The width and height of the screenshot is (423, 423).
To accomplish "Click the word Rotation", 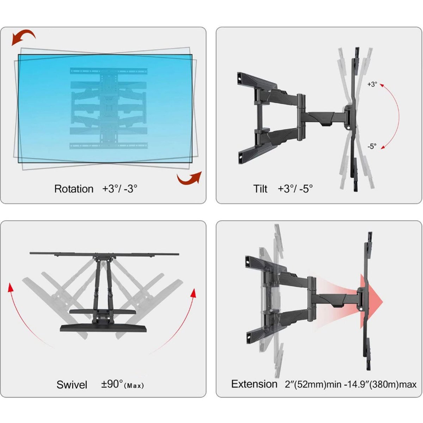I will click(x=74, y=189).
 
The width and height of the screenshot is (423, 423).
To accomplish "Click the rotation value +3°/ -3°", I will click(x=120, y=189).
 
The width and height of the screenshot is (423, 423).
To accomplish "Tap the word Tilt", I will click(x=260, y=189).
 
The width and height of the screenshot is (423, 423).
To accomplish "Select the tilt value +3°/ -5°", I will click(x=295, y=189).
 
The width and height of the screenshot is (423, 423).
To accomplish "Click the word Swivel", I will click(x=72, y=384).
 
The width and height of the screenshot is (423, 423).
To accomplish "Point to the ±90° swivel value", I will click(x=112, y=384).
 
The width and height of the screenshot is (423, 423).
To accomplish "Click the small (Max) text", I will click(x=134, y=386).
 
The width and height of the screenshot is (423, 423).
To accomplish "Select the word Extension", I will click(x=254, y=384).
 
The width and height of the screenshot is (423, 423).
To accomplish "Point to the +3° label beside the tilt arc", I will click(x=372, y=85).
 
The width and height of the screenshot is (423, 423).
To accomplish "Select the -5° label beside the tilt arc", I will click(x=372, y=146).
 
